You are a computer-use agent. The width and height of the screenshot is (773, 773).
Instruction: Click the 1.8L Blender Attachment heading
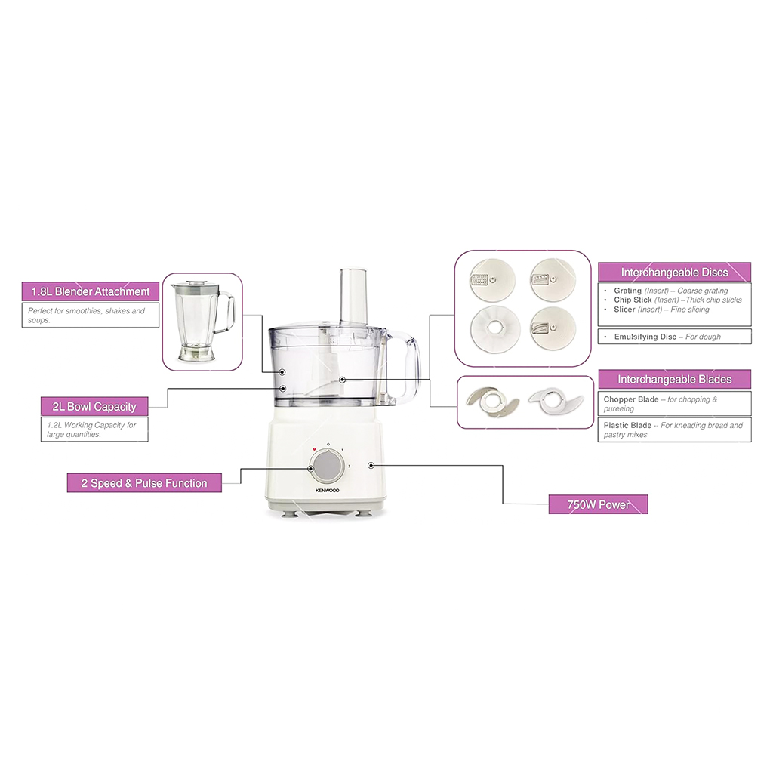pos(91,291)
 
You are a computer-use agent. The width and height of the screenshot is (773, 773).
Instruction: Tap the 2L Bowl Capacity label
pos(94,407)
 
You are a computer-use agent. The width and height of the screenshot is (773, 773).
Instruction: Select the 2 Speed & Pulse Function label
pos(144,483)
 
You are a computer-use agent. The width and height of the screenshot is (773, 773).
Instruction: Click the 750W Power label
pos(598,504)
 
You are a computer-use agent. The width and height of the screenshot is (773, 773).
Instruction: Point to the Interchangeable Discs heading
pos(674,272)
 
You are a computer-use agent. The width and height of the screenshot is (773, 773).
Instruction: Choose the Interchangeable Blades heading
pos(674,379)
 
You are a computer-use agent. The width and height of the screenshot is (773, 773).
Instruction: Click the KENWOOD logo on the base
pos(328,491)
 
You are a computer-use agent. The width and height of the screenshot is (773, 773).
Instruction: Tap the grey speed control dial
pos(328,467)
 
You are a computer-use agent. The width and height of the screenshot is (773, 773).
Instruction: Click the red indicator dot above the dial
pos(314,449)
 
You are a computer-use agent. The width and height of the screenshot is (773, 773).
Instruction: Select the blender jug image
pos(202,321)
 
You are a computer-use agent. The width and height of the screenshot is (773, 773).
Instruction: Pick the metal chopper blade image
pos(492,402)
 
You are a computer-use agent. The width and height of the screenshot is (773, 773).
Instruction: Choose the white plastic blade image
pos(556,402)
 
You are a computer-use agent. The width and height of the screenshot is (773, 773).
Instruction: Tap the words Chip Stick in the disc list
pos(633,300)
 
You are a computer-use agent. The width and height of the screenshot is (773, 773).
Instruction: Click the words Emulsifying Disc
pos(645,337)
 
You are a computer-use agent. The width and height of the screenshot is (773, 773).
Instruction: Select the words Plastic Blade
pos(627,425)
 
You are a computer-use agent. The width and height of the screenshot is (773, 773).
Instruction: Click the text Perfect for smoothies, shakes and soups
pos(86,315)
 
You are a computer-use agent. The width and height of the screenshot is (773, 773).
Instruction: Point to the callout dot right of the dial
pos(371,465)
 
